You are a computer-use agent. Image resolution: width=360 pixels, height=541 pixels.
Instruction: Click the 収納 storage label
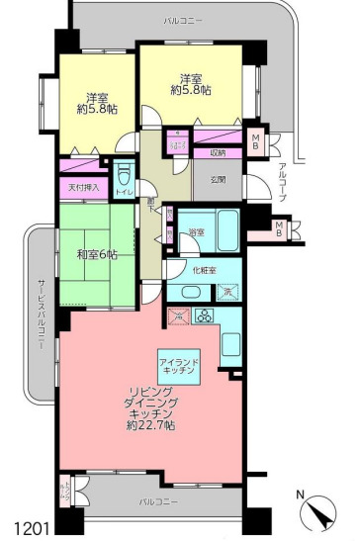click(218, 153)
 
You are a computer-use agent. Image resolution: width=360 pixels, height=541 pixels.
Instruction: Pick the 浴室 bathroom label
click(196, 231)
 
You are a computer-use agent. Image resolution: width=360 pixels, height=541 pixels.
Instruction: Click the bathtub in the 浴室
click(226, 230)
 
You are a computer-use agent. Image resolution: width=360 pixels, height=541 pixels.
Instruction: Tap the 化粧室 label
click(205, 269)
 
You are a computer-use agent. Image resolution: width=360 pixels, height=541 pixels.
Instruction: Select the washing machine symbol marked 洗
click(225, 293)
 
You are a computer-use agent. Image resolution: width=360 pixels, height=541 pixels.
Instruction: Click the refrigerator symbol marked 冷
click(179, 316)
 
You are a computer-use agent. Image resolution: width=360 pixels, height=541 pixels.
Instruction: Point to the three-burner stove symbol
click(206, 317)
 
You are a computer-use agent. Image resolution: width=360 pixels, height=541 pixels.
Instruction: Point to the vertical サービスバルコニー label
click(41, 308)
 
